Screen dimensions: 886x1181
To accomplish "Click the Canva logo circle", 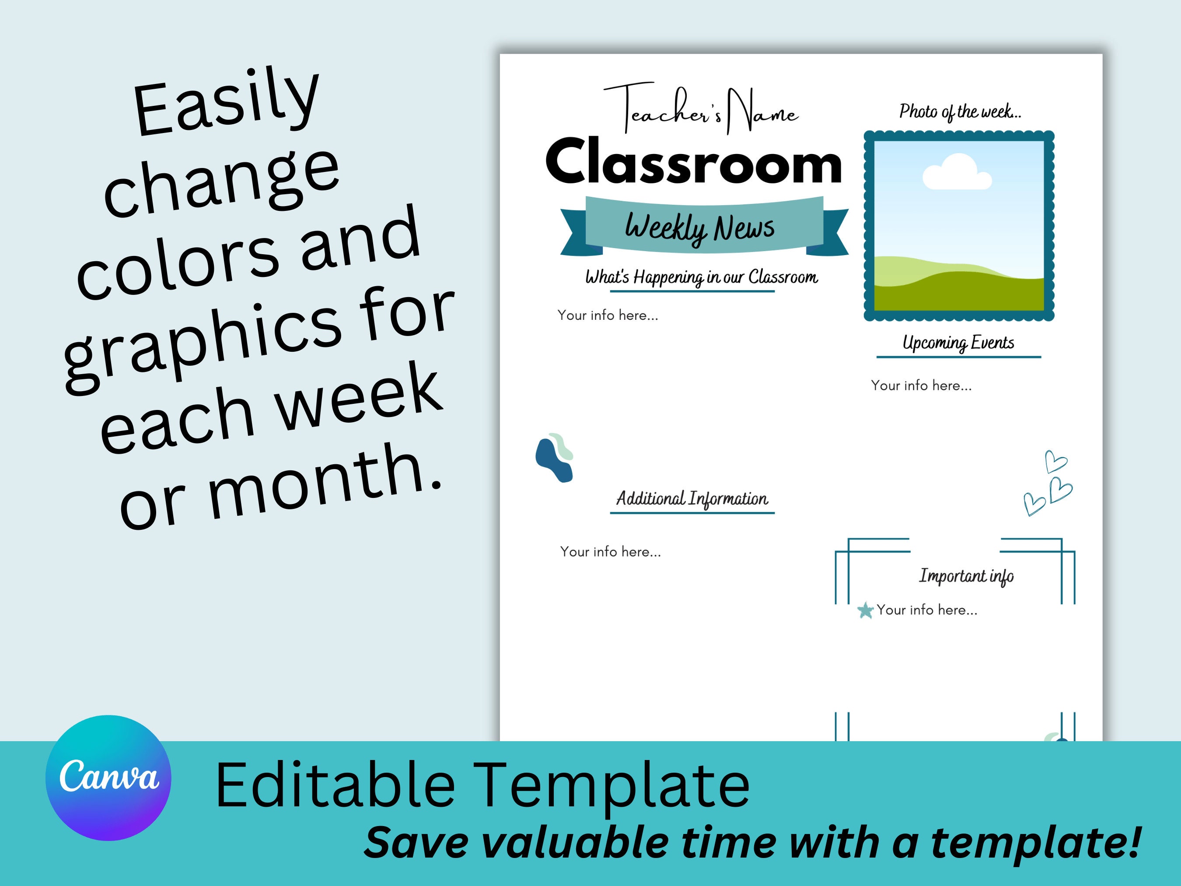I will click(108, 777).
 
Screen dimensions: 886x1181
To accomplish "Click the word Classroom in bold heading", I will click(693, 162).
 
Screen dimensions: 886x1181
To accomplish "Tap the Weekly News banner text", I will click(699, 228).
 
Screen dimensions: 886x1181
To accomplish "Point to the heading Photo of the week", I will click(959, 112).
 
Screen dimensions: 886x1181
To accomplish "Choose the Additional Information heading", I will click(692, 498).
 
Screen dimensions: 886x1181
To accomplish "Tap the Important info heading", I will click(966, 576).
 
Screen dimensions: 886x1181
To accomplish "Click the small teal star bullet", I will click(865, 610).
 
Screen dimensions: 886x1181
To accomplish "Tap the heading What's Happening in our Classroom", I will click(701, 277).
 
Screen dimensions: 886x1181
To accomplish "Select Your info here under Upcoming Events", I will click(921, 385).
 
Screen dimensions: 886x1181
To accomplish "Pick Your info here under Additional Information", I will click(610, 552).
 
